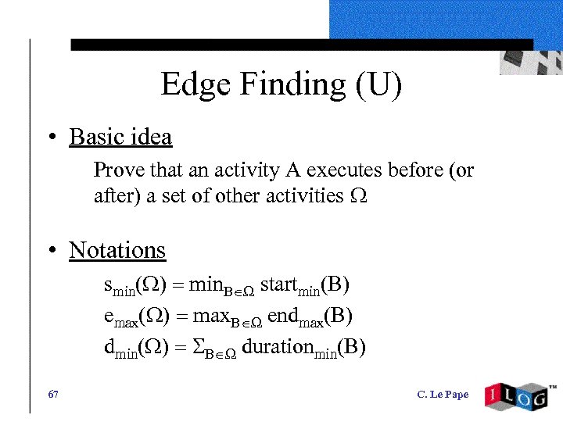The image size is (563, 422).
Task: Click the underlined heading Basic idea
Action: pos(120,138)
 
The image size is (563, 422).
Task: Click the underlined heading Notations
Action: pos(117,250)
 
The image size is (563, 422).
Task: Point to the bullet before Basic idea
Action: pos(52,138)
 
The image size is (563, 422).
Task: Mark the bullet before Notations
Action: pos(52,251)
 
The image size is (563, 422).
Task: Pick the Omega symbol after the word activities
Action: pos(359,196)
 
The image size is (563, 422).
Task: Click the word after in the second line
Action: pos(109,195)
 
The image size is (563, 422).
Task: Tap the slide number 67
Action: pos(53,395)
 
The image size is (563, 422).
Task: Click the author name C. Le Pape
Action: pos(443,395)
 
